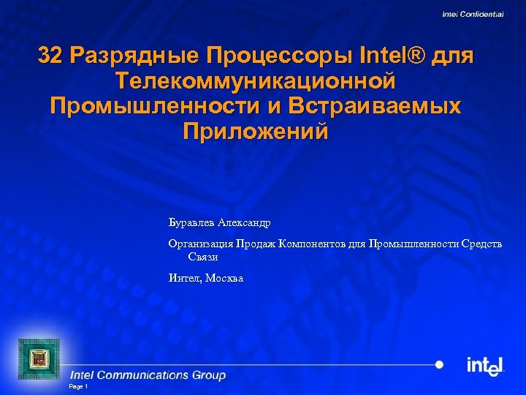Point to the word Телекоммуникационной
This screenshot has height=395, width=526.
tap(256, 80)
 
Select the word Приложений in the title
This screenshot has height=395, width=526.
tap(256, 132)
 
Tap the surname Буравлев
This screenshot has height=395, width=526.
tap(191, 221)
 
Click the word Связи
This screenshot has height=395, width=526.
tap(203, 257)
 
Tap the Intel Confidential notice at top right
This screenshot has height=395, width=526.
tap(473, 14)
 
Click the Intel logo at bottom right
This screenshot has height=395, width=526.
tap(485, 365)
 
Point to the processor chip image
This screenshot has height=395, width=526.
tap(37, 357)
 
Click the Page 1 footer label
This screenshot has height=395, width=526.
tap(77, 386)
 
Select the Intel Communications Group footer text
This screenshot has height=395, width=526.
tap(148, 375)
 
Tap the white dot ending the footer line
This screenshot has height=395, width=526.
tap(439, 364)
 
